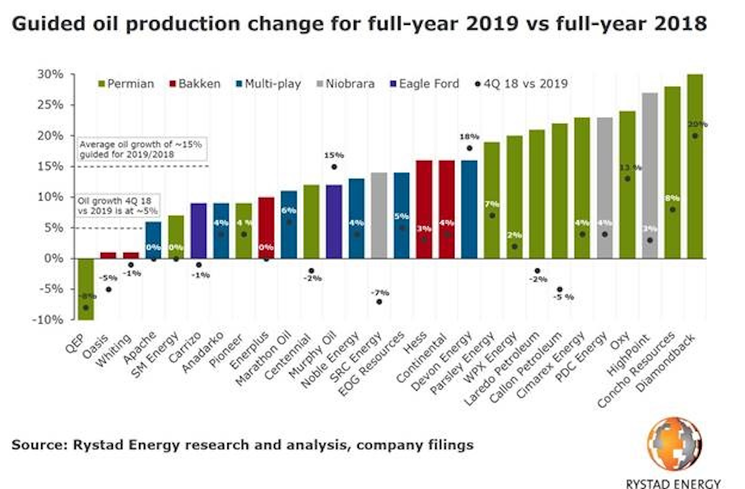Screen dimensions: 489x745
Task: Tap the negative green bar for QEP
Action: click(x=86, y=289)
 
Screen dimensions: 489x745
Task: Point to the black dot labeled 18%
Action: click(x=469, y=148)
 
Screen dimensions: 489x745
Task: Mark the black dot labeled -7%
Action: click(x=379, y=301)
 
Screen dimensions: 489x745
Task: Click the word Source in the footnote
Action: click(x=38, y=445)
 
